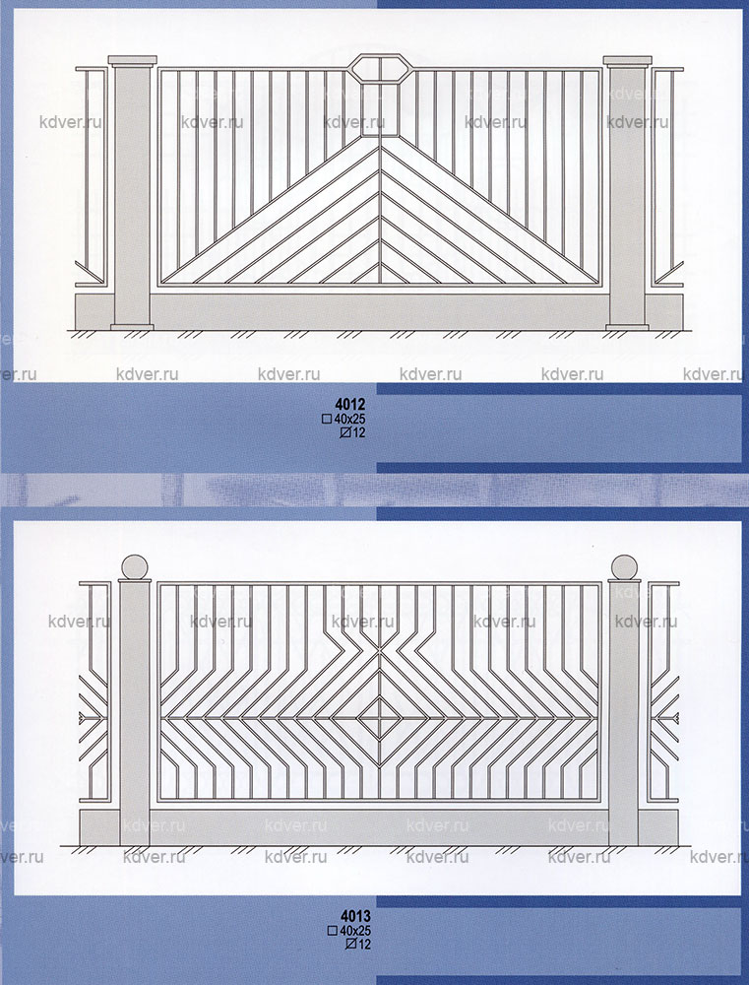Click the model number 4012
point(350,403)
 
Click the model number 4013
point(356,916)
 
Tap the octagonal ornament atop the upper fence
point(380,68)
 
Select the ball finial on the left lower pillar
point(135,567)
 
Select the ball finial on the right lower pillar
point(624,567)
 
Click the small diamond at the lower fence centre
point(380,717)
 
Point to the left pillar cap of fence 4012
point(133,60)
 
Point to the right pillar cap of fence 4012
point(628,60)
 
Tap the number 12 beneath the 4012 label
point(358,432)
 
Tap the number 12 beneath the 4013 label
point(365,945)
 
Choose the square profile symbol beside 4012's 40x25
point(327,419)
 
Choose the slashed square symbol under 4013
point(351,945)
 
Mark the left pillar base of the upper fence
point(132,327)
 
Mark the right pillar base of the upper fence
point(627,327)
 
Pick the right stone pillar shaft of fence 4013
point(624,714)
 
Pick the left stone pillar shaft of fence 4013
point(135,714)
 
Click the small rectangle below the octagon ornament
point(380,109)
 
